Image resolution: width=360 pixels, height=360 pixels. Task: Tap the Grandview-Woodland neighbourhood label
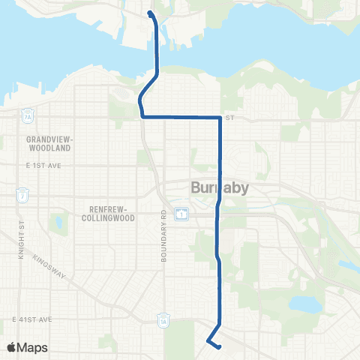tap(48, 144)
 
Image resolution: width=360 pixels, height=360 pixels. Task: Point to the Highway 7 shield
tap(23, 196)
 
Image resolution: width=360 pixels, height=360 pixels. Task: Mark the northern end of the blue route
tap(151, 13)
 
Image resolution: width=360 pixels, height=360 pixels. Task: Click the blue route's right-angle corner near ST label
tap(219, 118)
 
